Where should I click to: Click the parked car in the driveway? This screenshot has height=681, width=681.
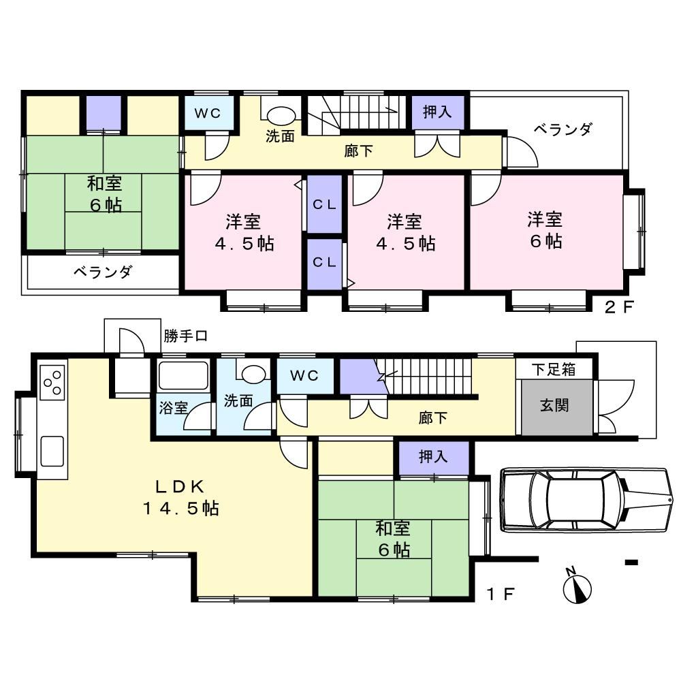coord(588,499)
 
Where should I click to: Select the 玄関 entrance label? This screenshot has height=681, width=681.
coord(554,406)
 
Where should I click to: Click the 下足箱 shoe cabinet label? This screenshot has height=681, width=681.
coord(553,370)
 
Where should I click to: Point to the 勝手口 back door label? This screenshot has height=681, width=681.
coord(185,336)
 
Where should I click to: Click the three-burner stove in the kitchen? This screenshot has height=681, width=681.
coord(52,382)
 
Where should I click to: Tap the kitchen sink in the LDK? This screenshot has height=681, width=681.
coord(52,452)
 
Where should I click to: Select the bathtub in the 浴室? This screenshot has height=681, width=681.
coord(183,376)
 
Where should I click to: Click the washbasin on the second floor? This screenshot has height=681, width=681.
coord(281,116)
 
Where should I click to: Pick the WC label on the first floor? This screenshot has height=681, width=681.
coord(304,376)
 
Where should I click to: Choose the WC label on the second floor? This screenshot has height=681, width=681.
coord(208,113)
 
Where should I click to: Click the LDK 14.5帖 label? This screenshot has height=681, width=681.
coord(180,498)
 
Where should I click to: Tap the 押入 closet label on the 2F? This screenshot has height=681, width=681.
coord(437,112)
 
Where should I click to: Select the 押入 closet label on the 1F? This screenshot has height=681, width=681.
coord(432,456)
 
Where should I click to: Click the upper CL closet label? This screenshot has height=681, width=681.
coord(324,204)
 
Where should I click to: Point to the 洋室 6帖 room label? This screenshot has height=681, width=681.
coord(545,230)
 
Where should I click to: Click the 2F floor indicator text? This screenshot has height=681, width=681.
coord(619,307)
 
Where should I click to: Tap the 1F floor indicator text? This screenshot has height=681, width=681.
coord(501,594)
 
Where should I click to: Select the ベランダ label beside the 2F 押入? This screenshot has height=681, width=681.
coord(563,129)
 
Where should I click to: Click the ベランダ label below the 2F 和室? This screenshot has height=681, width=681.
coord(103,272)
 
